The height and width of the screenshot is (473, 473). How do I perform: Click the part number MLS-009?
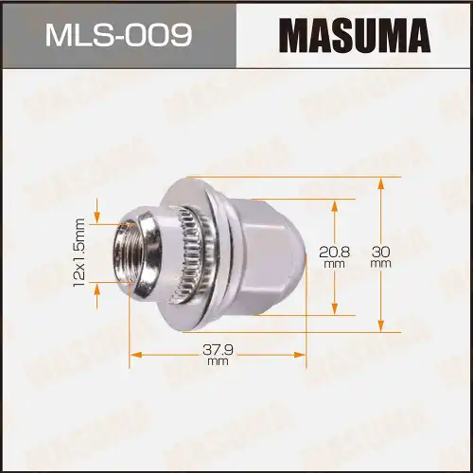pyautogui.click(x=118, y=35)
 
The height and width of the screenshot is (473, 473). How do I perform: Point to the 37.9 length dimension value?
pyautogui.click(x=219, y=348)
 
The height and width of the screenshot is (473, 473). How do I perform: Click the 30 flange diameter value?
pyautogui.click(x=381, y=252)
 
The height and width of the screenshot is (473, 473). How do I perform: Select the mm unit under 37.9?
pyautogui.click(x=219, y=361)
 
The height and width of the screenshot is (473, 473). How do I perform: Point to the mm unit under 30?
pyautogui.click(x=381, y=265)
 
